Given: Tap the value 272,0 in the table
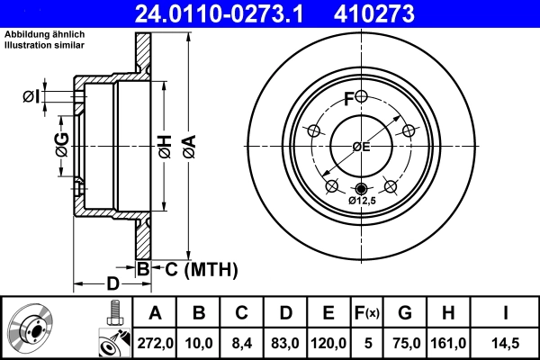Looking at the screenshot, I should point(155,343).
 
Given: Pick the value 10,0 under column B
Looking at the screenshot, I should point(200,343).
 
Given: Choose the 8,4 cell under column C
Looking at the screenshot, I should point(242,343).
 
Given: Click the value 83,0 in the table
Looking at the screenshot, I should point(285,343).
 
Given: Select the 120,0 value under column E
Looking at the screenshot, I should point(328,343).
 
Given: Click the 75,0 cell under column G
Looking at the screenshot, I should point(404,343).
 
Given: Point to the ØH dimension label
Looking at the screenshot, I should point(165,144).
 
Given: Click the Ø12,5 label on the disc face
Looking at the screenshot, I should point(363,202).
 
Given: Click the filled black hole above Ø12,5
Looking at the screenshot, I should point(362,188).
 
